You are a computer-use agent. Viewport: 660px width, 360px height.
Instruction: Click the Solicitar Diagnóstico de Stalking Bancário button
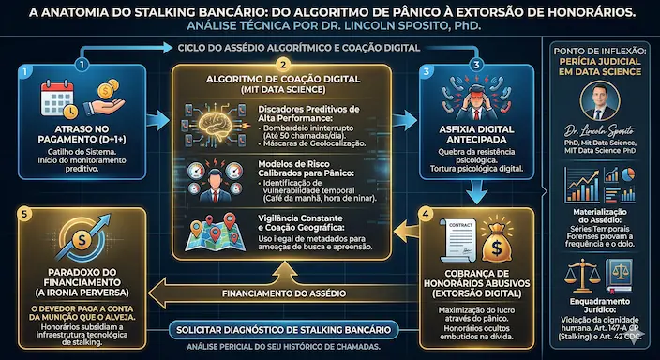point(285,330)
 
